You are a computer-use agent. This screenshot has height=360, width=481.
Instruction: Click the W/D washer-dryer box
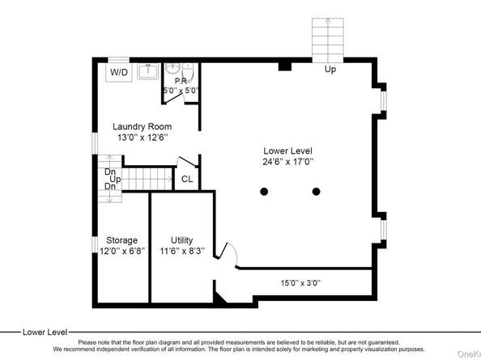(118, 73)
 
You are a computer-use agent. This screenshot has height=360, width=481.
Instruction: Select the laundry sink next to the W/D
(148, 72)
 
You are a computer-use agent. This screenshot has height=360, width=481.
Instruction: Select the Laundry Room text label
(143, 126)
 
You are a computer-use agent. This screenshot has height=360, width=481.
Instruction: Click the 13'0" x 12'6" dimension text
(143, 138)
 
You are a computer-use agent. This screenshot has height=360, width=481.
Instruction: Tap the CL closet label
(186, 180)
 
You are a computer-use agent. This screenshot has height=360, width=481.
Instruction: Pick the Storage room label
(121, 240)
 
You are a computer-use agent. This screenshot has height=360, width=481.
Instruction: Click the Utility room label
(181, 240)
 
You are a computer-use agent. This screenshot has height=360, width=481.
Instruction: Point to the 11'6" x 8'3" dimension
(181, 251)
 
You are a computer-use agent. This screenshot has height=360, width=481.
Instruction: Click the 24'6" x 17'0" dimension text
(287, 162)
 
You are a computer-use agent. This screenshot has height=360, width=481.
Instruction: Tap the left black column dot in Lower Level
(264, 192)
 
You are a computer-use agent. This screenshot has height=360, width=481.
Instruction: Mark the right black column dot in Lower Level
(316, 192)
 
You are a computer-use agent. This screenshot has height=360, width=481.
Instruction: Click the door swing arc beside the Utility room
(228, 255)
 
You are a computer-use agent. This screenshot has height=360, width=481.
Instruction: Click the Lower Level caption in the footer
(44, 332)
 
